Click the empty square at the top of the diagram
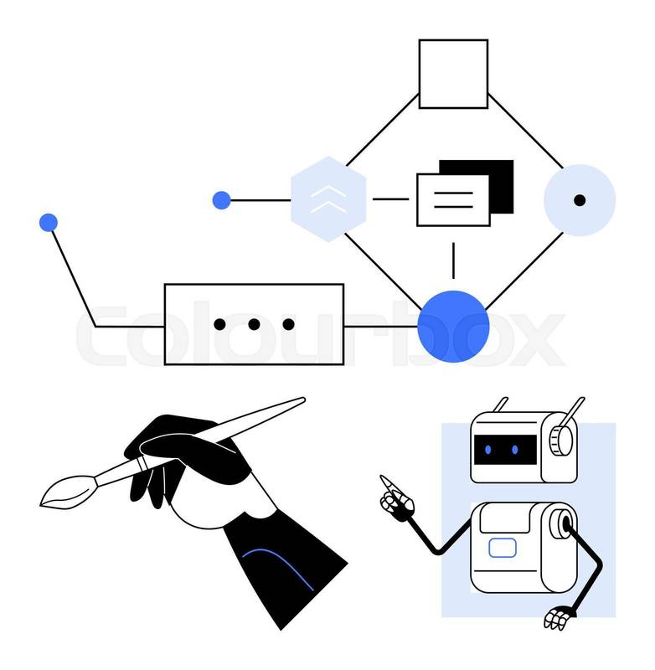coord(453,74)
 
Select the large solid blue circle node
coord(453,327)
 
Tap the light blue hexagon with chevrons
coord(328,199)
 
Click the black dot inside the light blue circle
coord(580,200)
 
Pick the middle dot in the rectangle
coord(254,324)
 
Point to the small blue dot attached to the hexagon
coord(221,200)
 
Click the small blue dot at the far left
coord(49,223)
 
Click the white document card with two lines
coord(452,200)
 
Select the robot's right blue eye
coord(515,451)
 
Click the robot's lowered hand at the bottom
coord(557,619)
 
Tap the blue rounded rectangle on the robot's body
coord(503,549)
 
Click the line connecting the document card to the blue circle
coord(453,260)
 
